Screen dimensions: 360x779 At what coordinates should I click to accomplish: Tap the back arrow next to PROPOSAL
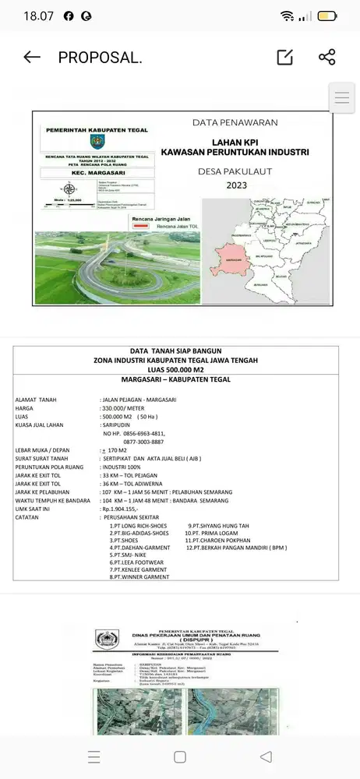click(32, 57)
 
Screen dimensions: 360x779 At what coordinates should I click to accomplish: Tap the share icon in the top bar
click(327, 57)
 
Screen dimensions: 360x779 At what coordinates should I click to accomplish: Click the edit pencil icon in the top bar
click(285, 57)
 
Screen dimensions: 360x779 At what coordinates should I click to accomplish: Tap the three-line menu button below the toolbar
click(343, 99)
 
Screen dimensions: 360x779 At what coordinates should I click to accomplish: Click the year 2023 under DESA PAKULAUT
click(235, 185)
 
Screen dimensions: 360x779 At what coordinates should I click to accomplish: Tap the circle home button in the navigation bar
click(180, 757)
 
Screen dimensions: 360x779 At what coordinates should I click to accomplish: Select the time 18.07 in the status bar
click(38, 16)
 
